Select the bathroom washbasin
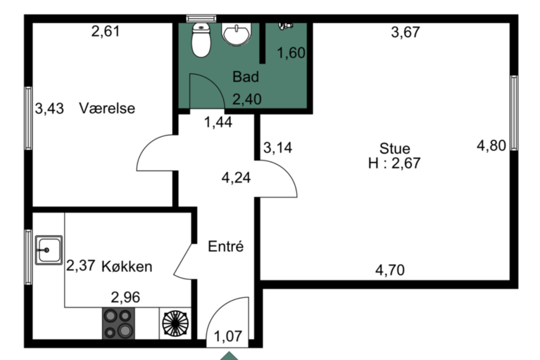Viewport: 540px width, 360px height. pyautogui.click(x=237, y=33)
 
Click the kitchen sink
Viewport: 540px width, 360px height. pyautogui.click(x=48, y=250)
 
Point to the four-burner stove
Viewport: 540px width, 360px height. pyautogui.click(x=118, y=323)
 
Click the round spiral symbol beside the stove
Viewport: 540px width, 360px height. pyautogui.click(x=175, y=323)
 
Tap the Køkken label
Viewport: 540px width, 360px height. pyautogui.click(x=127, y=267)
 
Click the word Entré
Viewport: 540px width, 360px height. pyautogui.click(x=225, y=247)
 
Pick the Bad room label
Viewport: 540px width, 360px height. pyautogui.click(x=245, y=77)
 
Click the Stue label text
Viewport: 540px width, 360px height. pyautogui.click(x=395, y=148)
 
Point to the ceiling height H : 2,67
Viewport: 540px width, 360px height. pyautogui.click(x=395, y=163)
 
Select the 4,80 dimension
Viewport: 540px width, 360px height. pyautogui.click(x=491, y=146)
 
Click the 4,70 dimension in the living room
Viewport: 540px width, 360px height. pyautogui.click(x=390, y=271)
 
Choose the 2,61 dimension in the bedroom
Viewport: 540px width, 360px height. pyautogui.click(x=106, y=31)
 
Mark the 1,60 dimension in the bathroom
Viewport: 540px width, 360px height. pyautogui.click(x=291, y=53)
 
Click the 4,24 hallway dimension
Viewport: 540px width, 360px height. pyautogui.click(x=236, y=178)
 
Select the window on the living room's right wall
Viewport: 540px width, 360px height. pyautogui.click(x=514, y=113)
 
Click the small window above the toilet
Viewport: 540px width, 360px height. pyautogui.click(x=201, y=18)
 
